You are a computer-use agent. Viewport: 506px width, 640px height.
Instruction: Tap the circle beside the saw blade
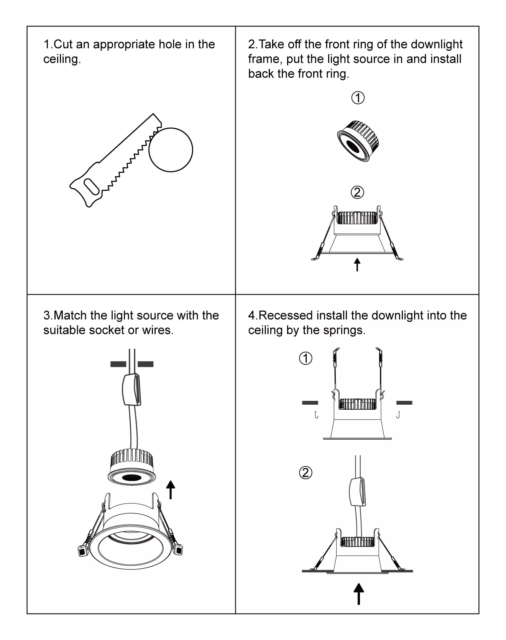point(171,150)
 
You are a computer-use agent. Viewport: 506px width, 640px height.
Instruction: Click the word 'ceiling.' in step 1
point(62,59)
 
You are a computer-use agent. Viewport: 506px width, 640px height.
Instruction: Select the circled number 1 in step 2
point(358,98)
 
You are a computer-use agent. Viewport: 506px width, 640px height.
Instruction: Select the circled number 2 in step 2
point(357,192)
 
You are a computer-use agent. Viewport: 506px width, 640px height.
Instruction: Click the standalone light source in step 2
point(358,141)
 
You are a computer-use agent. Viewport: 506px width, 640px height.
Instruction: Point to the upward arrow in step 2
point(357,264)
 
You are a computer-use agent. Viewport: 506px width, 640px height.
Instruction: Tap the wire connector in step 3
point(131,389)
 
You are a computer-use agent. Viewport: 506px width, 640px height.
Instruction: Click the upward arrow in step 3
point(171,490)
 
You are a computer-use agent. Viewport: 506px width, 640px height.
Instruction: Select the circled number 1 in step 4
point(306,359)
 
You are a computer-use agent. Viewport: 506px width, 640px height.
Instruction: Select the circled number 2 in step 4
point(306,473)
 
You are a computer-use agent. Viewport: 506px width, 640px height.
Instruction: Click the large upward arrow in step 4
point(358,594)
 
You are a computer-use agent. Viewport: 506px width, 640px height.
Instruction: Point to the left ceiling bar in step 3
point(118,364)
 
